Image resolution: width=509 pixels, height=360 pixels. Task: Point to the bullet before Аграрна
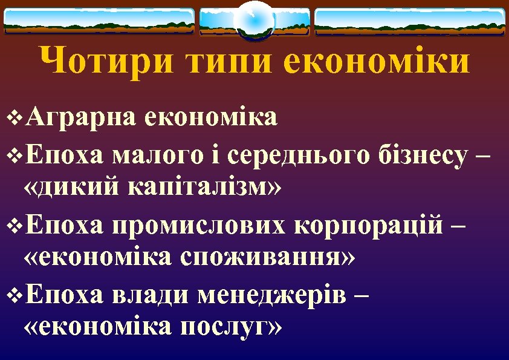[16, 117]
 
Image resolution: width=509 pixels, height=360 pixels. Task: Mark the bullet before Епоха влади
[16, 296]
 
